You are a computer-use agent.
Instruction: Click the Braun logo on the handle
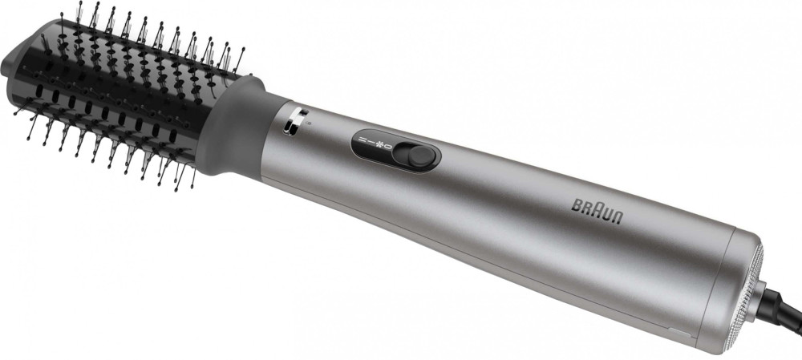pyautogui.click(x=597, y=211)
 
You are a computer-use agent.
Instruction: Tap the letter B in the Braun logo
pyautogui.click(x=577, y=205)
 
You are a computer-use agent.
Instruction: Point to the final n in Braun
pyautogui.click(x=618, y=217)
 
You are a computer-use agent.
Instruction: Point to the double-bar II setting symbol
pyautogui.click(x=360, y=140)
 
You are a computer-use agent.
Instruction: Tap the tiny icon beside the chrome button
pyautogui.click(x=306, y=122)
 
